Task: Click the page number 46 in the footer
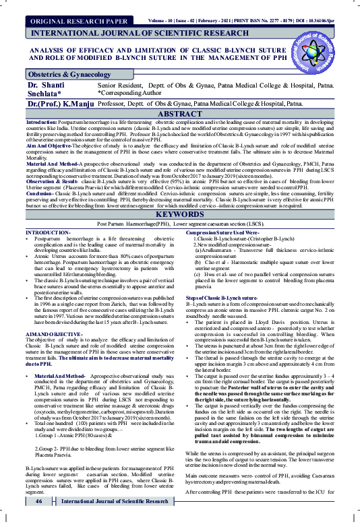[40, 502]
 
